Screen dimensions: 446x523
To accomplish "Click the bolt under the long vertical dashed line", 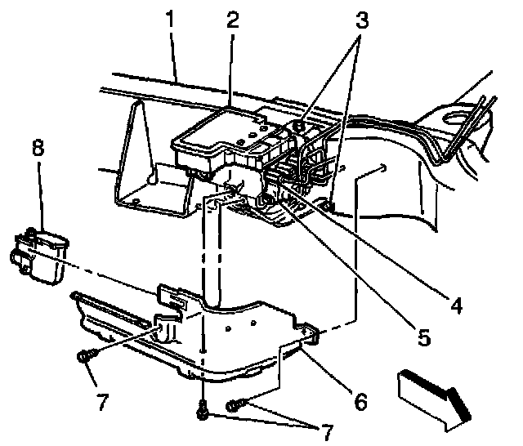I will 202,413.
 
